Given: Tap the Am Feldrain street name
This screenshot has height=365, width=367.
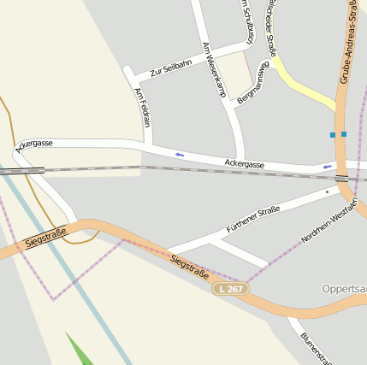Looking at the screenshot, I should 144,109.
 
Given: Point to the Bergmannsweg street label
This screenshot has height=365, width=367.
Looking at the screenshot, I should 253,84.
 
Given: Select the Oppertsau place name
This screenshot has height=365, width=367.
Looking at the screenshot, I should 345,289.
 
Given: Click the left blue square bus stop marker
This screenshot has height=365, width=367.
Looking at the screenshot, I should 333,135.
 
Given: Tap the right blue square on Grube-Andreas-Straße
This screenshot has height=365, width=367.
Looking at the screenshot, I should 344,134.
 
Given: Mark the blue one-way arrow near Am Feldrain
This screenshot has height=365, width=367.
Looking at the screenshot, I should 180,155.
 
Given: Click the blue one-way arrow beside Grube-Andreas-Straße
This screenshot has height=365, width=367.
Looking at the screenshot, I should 327,166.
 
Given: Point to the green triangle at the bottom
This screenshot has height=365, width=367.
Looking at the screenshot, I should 79,350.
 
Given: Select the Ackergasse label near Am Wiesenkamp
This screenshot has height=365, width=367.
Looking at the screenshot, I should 244,163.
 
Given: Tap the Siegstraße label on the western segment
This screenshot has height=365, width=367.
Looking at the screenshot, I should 45,236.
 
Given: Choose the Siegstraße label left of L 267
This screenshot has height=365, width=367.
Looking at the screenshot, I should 189,268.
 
